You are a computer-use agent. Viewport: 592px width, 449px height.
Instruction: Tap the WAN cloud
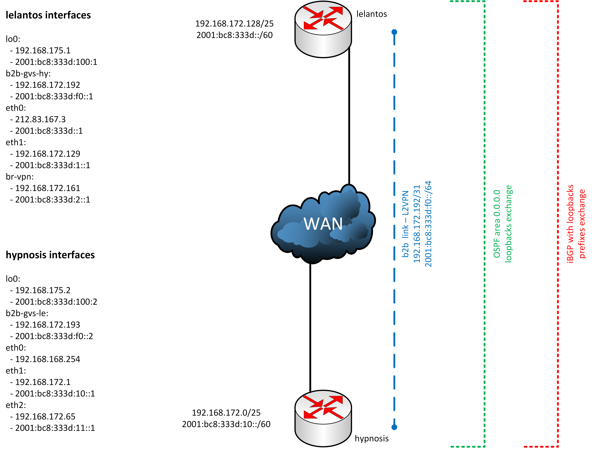coord(323,224)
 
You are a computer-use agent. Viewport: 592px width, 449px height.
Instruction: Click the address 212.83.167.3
coord(40,119)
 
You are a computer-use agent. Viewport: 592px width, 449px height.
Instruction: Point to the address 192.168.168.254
coord(47,359)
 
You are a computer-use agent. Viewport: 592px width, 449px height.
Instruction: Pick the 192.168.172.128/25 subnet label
coord(234,24)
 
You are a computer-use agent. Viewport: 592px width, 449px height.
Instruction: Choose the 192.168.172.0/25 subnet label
coord(226,413)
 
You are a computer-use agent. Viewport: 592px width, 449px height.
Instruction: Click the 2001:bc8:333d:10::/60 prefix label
coord(226,424)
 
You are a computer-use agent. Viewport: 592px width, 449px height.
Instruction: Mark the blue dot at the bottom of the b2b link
coord(394,427)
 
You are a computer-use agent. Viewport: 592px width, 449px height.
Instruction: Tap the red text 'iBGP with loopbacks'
coord(570,224)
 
